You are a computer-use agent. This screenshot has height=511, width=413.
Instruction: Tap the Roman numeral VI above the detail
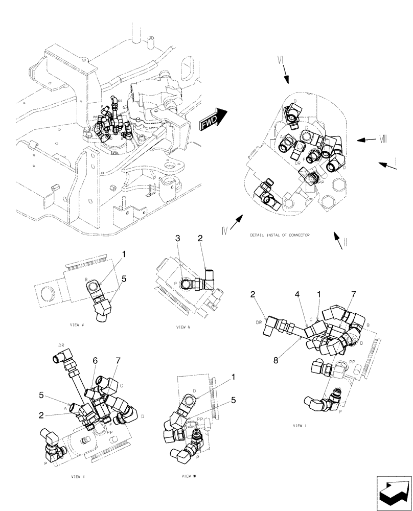(280, 60)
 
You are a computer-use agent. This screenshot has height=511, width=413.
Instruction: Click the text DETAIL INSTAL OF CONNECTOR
(280, 235)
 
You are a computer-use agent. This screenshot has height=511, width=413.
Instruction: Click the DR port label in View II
(61, 345)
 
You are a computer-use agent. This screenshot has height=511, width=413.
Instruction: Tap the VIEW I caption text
(299, 425)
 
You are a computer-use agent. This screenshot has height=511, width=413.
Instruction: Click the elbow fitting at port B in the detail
(293, 113)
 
